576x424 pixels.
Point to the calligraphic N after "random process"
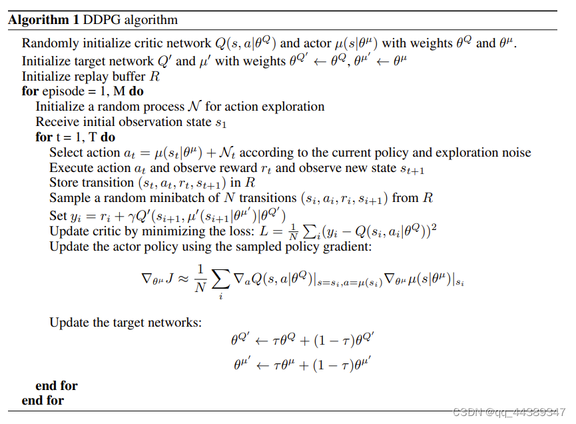tap(196, 107)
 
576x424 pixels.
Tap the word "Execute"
tap(72, 168)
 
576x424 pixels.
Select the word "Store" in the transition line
tap(65, 183)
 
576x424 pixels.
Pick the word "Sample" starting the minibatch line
tap(70, 199)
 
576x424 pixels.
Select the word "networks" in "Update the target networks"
tap(176, 323)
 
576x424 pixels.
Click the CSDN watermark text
tap(509, 413)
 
